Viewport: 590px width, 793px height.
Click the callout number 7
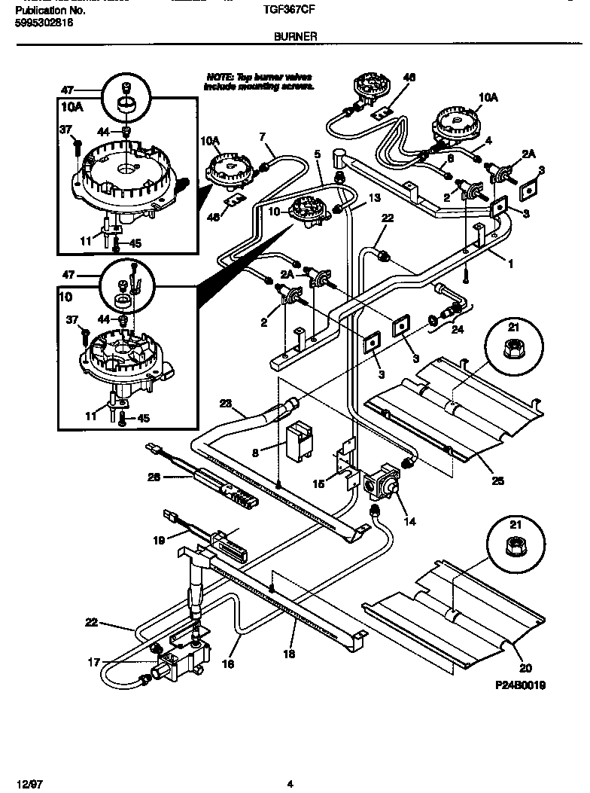262,137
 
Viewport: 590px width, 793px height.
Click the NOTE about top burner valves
257,81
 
